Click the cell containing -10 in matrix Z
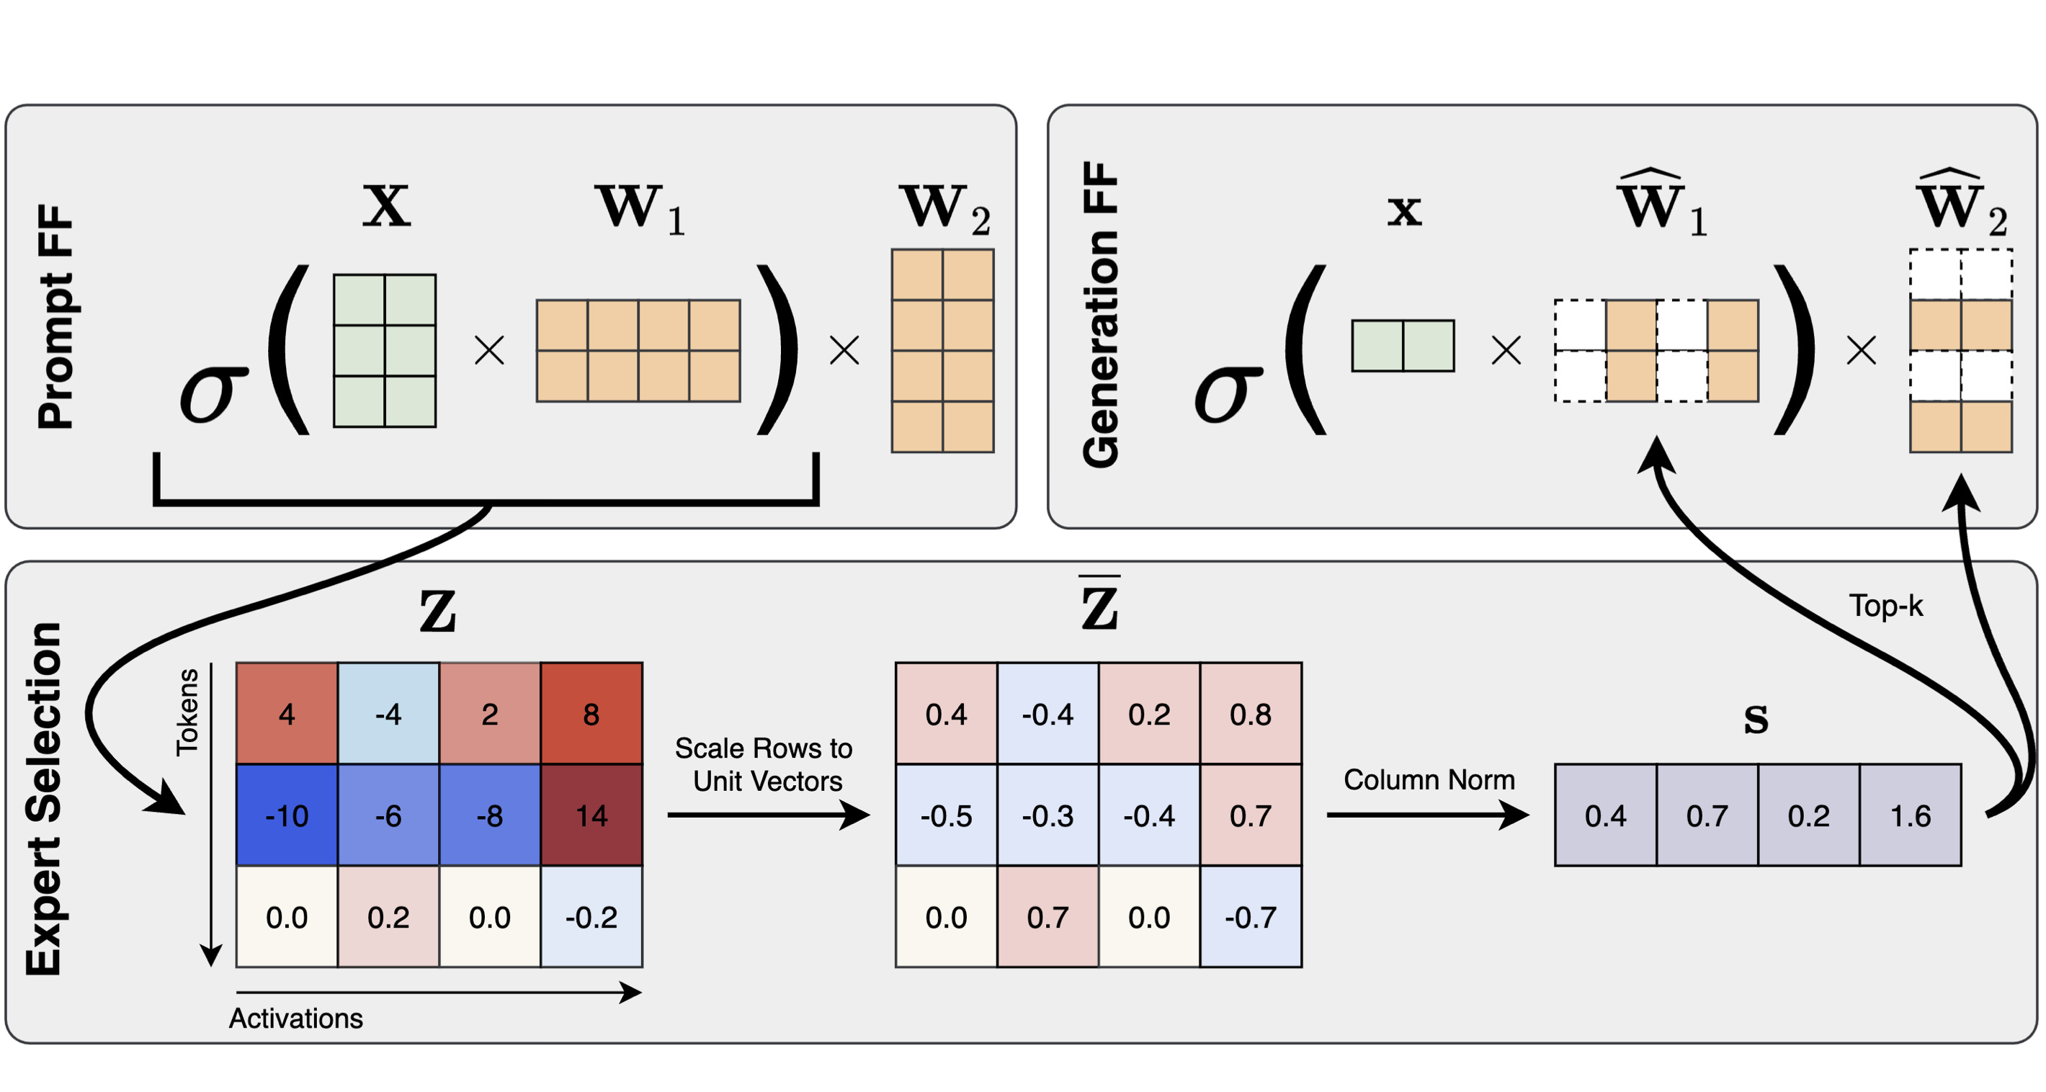coord(287,815)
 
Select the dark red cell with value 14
coord(591,815)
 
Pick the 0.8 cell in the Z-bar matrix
coord(1251,713)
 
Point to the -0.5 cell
coord(946,815)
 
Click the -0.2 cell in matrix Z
coord(591,916)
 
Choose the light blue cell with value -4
coord(388,713)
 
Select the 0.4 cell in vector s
coord(1606,815)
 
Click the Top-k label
coord(1885,606)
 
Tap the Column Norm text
coord(1429,779)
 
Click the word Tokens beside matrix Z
coord(187,712)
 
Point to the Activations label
coord(295,1018)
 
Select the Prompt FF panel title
coord(55,317)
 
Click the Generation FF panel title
coord(1100,315)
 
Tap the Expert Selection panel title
coord(44,799)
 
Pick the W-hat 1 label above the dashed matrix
coord(1661,203)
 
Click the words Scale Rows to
coord(763,748)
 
